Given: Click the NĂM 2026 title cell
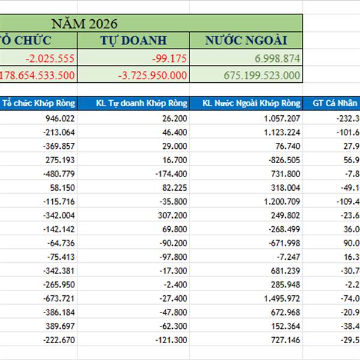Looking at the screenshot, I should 84,24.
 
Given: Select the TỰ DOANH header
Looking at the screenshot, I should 133,41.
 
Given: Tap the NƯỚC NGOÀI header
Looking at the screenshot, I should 246,41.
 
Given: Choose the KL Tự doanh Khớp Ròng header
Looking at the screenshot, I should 133,103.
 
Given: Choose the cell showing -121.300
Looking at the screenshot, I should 170,340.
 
